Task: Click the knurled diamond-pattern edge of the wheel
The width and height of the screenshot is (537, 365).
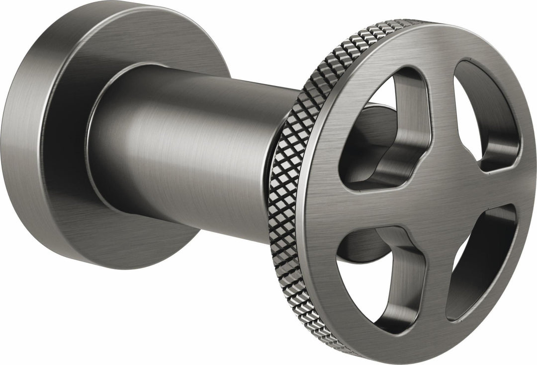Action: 288,199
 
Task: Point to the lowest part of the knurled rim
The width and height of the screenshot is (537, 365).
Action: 343,348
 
